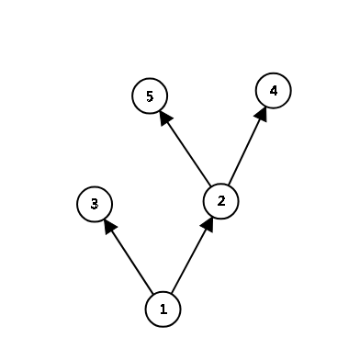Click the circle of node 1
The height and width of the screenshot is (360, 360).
pyautogui.click(x=163, y=309)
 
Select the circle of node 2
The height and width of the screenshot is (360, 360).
pyautogui.click(x=220, y=199)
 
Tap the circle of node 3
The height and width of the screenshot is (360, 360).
pyautogui.click(x=95, y=203)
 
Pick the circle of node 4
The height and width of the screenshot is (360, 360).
pyautogui.click(x=273, y=91)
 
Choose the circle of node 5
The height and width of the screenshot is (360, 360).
pyautogui.click(x=150, y=96)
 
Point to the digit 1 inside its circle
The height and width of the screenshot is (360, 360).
pyautogui.click(x=163, y=309)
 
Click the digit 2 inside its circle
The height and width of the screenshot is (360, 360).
pyautogui.click(x=220, y=199)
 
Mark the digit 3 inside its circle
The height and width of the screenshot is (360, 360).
pyautogui.click(x=95, y=203)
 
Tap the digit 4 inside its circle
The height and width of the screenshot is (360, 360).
pyautogui.click(x=273, y=91)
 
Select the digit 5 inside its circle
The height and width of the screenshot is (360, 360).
pyautogui.click(x=150, y=96)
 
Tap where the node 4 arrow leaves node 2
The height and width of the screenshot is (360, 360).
pyautogui.click(x=228, y=184)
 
